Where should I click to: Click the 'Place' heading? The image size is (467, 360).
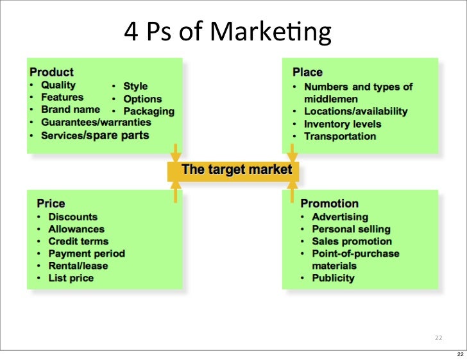pyautogui.click(x=307, y=73)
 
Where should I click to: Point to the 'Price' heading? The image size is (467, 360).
pyautogui.click(x=51, y=203)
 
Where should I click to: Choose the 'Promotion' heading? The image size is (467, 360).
pyautogui.click(x=330, y=203)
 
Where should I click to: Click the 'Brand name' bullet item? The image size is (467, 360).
pyautogui.click(x=71, y=110)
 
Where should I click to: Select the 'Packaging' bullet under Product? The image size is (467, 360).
pyautogui.click(x=149, y=111)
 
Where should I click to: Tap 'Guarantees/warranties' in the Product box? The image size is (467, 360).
pyautogui.click(x=96, y=122)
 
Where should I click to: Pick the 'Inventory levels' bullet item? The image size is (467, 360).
pyautogui.click(x=343, y=124)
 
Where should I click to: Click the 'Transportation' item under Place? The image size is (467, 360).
pyautogui.click(x=340, y=136)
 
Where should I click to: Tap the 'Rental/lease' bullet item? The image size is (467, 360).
pyautogui.click(x=78, y=266)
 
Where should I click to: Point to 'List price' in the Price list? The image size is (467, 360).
pyautogui.click(x=71, y=278)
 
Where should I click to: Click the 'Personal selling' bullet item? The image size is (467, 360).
pyautogui.click(x=351, y=229)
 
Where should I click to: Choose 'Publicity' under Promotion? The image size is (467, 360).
pyautogui.click(x=333, y=278)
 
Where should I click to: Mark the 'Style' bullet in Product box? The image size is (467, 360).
pyautogui.click(x=135, y=86)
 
